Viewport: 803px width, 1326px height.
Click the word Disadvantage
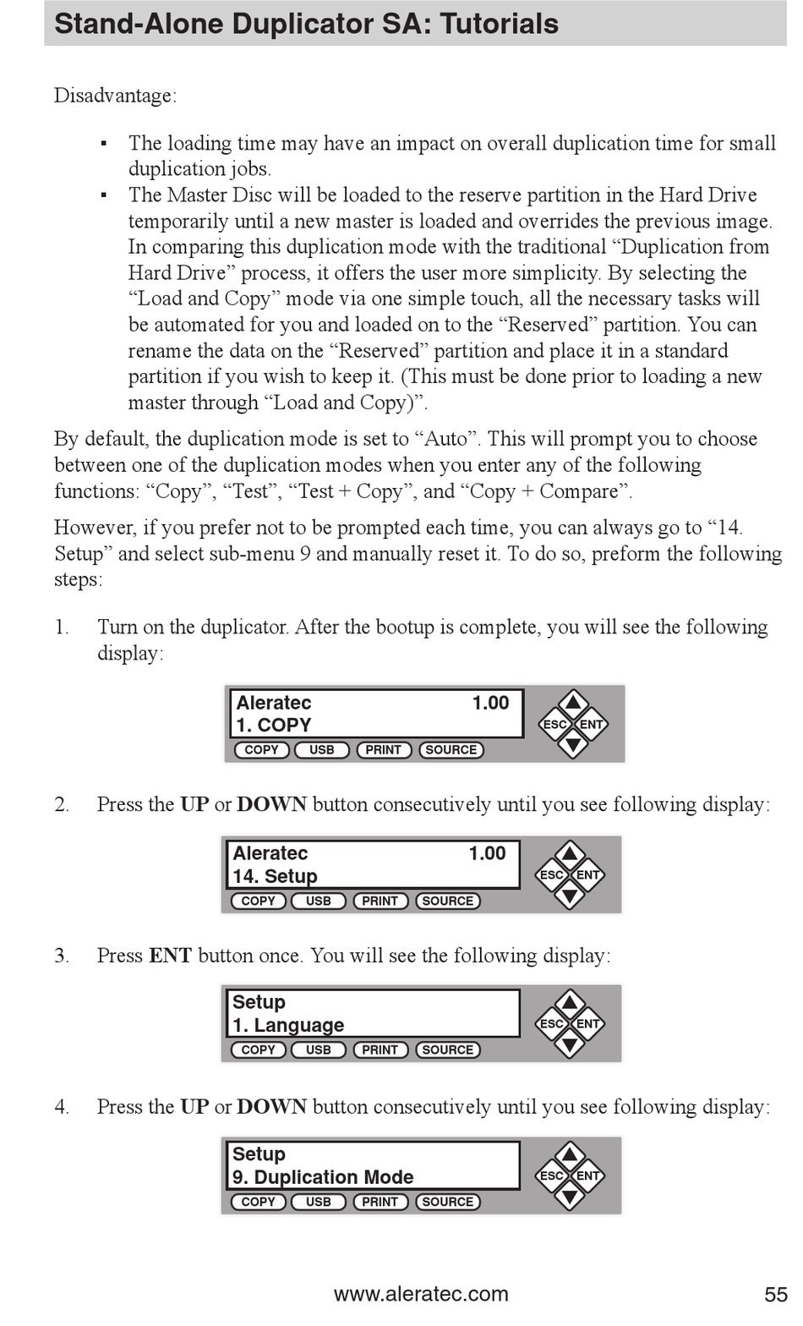(x=114, y=96)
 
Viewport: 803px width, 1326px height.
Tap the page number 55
(x=775, y=1294)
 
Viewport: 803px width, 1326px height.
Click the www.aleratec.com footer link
(x=421, y=1294)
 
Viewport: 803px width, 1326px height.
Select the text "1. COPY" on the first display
(x=273, y=725)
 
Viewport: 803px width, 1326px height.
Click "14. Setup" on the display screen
(x=275, y=876)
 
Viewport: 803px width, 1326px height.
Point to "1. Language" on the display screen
(x=287, y=1025)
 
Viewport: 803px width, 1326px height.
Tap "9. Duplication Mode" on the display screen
(x=322, y=1177)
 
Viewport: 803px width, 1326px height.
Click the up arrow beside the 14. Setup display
(x=570, y=853)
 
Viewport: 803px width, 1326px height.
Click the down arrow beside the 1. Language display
(x=570, y=1044)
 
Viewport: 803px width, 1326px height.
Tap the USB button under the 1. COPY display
(x=321, y=750)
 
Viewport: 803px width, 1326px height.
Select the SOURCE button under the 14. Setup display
(x=447, y=901)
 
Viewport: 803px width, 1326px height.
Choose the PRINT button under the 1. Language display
(x=380, y=1050)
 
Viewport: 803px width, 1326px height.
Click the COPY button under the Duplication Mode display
(x=258, y=1202)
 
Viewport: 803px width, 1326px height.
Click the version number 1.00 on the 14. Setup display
(x=487, y=853)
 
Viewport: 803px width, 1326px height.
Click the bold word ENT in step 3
(x=170, y=956)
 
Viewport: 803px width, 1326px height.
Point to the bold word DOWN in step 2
(x=271, y=804)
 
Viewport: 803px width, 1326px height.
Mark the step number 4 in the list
(x=62, y=1107)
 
